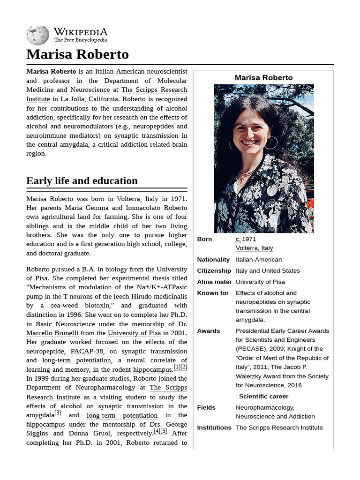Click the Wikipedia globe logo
click(x=38, y=35)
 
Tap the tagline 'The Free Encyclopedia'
click(x=80, y=40)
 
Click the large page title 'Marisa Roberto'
click(x=77, y=54)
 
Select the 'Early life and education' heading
click(x=82, y=180)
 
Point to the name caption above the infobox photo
click(x=263, y=78)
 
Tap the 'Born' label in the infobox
click(x=204, y=239)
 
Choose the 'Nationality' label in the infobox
click(x=213, y=260)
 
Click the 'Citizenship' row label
click(x=214, y=271)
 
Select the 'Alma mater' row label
click(x=214, y=282)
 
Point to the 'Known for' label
click(x=213, y=293)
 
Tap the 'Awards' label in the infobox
click(x=209, y=331)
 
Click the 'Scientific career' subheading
click(x=263, y=397)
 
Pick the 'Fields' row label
click(x=206, y=408)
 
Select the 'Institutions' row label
click(x=214, y=428)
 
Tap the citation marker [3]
click(x=58, y=413)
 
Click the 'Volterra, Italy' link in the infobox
click(x=254, y=248)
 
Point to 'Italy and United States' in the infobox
click(x=268, y=271)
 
